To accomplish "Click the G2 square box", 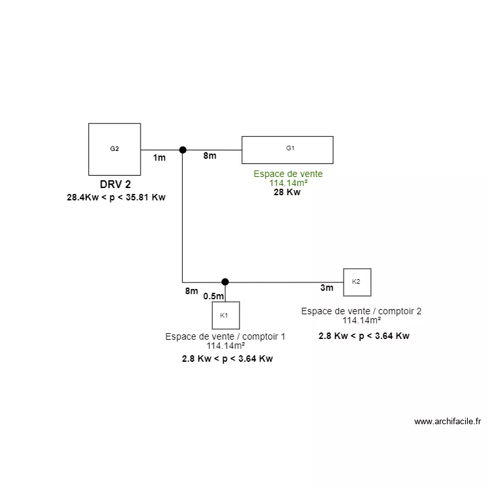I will click(115, 149).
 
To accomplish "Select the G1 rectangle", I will click(287, 150).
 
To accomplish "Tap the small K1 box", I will click(225, 315).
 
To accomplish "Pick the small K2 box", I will click(357, 282).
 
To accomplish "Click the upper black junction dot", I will click(183, 150).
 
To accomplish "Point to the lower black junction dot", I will click(225, 282).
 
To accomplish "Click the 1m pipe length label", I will click(159, 157).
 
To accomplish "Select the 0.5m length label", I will click(213, 296).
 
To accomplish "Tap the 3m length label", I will click(327, 288).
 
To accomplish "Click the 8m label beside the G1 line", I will click(210, 156).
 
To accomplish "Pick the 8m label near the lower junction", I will click(191, 291).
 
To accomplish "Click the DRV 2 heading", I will click(115, 184).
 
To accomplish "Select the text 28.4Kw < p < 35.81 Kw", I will click(116, 197).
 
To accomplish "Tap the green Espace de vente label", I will click(288, 174).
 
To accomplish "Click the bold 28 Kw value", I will click(287, 193).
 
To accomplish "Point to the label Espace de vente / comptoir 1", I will click(225, 336).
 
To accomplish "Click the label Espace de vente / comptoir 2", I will click(361, 311).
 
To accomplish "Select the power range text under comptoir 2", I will click(364, 336).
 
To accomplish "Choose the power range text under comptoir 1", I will click(227, 359).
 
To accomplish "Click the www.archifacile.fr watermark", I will click(447, 422).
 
